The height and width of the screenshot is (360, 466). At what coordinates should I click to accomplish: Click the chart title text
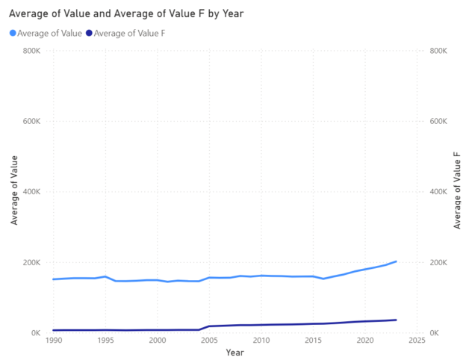[x=126, y=13]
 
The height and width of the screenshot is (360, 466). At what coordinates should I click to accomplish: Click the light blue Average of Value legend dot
[x=13, y=33]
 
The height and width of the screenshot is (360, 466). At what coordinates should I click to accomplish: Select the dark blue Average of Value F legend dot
[x=90, y=33]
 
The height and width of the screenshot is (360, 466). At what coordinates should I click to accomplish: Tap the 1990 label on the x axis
[x=53, y=341]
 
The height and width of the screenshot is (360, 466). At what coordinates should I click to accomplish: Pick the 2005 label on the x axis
[x=209, y=341]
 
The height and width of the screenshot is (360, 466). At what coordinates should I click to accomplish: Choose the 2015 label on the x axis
[x=314, y=341]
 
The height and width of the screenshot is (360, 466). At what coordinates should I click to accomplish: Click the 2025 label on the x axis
[x=417, y=341]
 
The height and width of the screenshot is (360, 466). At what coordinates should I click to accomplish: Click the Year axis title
[x=234, y=352]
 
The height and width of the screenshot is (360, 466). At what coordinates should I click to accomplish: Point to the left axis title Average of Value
[x=13, y=192]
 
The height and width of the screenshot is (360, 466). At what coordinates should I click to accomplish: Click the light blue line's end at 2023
[x=396, y=261]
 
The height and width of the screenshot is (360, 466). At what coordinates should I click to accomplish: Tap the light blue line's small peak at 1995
[x=105, y=276]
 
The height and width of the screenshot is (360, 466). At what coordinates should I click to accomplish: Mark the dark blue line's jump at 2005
[x=209, y=326]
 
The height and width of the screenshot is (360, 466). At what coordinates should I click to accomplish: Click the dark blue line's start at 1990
[x=53, y=330]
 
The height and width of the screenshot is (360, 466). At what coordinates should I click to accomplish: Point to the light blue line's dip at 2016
[x=323, y=279]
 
